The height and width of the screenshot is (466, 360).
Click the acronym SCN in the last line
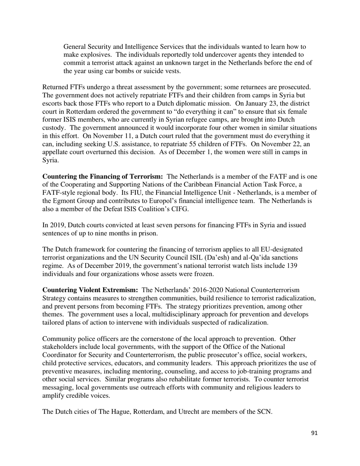coord(264,412)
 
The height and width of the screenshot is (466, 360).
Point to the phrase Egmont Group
coord(73,201)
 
